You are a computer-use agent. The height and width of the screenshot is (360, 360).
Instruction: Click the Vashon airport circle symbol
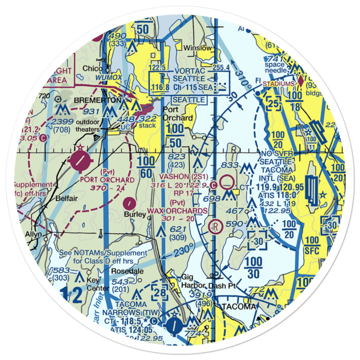pyautogui.click(x=227, y=182)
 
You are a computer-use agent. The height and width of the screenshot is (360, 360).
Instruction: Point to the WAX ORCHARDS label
pyautogui.click(x=177, y=211)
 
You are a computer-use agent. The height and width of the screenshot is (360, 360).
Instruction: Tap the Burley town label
pyautogui.click(x=135, y=215)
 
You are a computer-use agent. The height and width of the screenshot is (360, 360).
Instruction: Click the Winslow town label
pyautogui.click(x=198, y=48)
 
